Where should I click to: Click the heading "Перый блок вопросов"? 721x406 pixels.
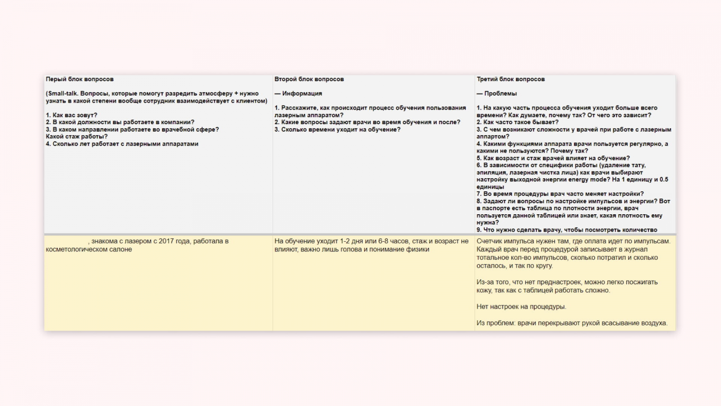(80, 79)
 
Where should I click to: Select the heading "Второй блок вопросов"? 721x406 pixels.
(309, 79)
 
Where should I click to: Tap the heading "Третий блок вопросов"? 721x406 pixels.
(511, 79)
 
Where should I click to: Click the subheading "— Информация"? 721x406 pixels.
(298, 93)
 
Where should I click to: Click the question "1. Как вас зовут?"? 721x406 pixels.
(72, 115)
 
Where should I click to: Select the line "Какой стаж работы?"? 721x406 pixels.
(77, 136)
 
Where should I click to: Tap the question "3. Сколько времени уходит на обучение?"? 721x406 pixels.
(338, 129)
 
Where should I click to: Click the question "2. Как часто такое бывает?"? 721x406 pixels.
(517, 122)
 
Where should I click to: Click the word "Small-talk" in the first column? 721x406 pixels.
(63, 93)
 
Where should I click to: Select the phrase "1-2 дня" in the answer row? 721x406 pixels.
(353, 241)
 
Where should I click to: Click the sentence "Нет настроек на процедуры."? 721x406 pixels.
(521, 307)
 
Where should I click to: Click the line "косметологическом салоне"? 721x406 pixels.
(89, 249)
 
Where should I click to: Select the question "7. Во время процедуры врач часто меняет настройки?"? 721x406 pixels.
(560, 194)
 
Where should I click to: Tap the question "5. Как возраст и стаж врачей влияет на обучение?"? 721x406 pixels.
(553, 158)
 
